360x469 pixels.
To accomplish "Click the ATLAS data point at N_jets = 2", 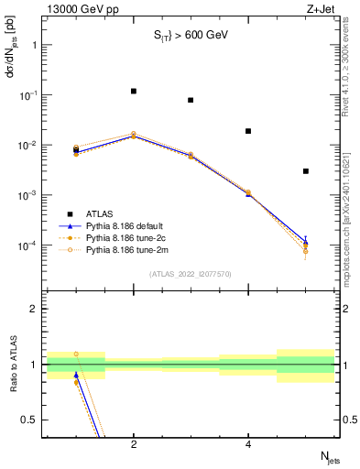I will (134, 92).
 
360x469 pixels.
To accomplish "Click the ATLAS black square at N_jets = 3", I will (191, 100).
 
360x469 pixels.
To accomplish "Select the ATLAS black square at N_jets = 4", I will (248, 131).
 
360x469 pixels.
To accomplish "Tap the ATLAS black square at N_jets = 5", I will (305, 171).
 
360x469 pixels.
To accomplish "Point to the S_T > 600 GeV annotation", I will (190, 36).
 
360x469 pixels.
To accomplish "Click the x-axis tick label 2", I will (134, 444).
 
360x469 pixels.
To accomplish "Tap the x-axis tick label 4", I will (248, 444).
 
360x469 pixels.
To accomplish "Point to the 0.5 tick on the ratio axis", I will (29, 420).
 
